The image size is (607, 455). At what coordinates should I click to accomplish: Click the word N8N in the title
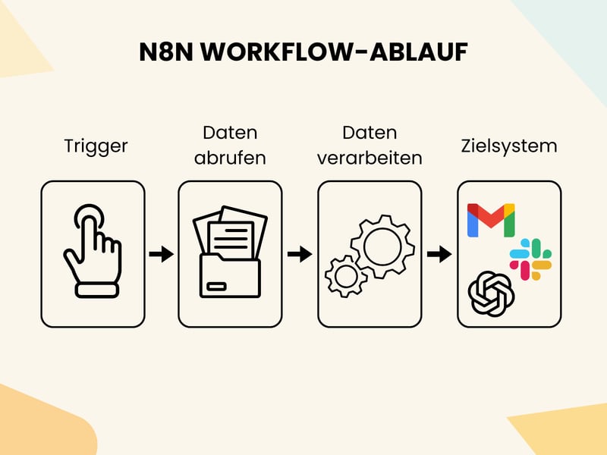click(165, 52)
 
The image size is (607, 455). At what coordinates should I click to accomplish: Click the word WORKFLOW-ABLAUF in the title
click(337, 52)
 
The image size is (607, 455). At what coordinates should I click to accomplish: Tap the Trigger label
click(96, 146)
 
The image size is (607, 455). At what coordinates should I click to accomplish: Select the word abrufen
click(230, 158)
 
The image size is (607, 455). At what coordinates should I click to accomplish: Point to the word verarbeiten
click(370, 158)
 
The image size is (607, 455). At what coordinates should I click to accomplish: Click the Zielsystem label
click(508, 146)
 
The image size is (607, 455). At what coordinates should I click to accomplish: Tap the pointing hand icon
click(93, 250)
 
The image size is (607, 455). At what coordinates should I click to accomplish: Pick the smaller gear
click(345, 276)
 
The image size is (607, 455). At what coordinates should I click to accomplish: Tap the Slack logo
click(530, 259)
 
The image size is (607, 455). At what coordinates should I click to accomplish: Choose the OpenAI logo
click(491, 292)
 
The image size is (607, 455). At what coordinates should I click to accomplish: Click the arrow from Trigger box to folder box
click(161, 254)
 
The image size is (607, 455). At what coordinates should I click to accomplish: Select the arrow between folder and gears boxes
click(300, 254)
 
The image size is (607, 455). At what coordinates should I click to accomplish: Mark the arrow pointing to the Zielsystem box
click(439, 254)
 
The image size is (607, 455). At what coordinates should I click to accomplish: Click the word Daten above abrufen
click(230, 133)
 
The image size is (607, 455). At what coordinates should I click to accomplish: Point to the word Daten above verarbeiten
click(370, 133)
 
